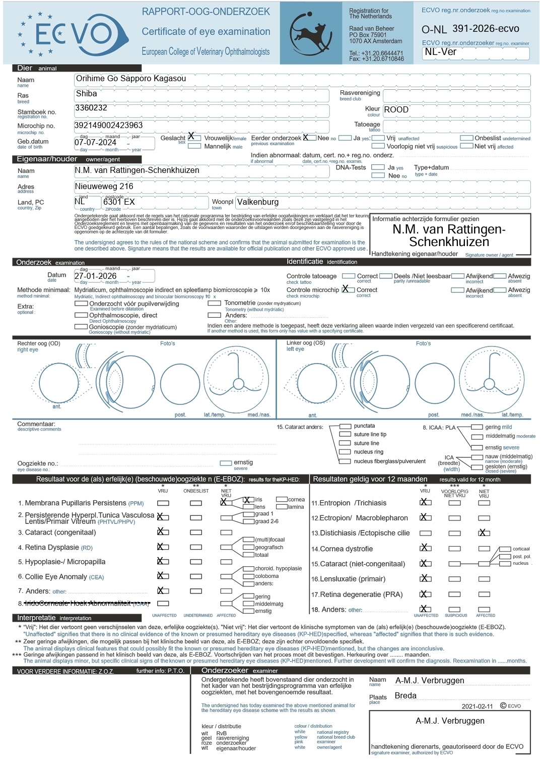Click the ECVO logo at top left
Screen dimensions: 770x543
click(71, 34)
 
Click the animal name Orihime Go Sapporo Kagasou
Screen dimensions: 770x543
click(130, 79)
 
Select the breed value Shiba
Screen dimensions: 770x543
click(86, 94)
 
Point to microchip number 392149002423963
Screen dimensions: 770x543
click(108, 125)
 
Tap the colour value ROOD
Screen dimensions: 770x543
click(396, 110)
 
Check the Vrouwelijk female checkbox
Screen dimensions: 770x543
click(194, 138)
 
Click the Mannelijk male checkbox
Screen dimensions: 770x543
click(194, 146)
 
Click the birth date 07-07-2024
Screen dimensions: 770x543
click(95, 143)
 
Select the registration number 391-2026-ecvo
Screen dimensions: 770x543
click(486, 29)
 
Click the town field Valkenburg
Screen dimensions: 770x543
click(258, 202)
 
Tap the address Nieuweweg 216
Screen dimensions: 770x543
click(104, 187)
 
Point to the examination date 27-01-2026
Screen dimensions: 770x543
click(95, 276)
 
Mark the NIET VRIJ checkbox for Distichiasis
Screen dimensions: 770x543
click(484, 532)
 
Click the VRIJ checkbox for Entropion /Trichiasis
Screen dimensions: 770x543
click(426, 502)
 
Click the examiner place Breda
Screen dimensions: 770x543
click(405, 696)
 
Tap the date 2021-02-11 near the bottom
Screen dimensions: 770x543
click(477, 706)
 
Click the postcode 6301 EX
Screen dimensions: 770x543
click(119, 202)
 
